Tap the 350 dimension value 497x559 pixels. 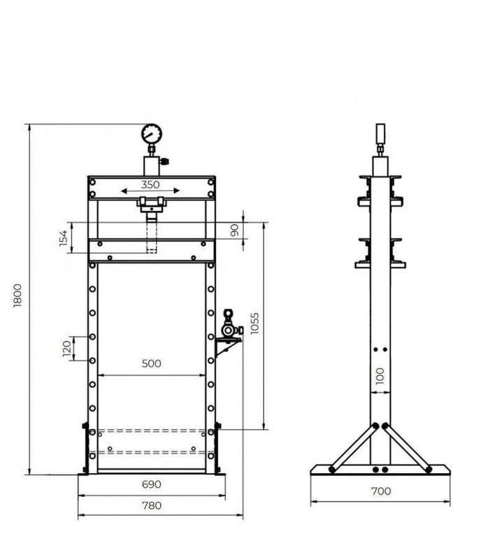click(x=151, y=185)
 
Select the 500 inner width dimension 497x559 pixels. click(x=151, y=363)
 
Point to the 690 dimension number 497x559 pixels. click(x=151, y=484)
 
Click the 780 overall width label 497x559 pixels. click(x=151, y=505)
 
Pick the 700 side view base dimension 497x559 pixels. click(x=381, y=491)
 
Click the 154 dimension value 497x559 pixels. click(x=63, y=238)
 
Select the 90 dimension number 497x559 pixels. click(x=235, y=229)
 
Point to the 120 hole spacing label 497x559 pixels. click(x=67, y=347)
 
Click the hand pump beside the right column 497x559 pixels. click(x=229, y=325)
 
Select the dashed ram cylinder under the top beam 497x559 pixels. click(x=152, y=235)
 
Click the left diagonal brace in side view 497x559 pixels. click(x=354, y=447)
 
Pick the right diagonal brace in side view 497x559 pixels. click(x=408, y=447)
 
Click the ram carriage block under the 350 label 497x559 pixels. click(x=151, y=204)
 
